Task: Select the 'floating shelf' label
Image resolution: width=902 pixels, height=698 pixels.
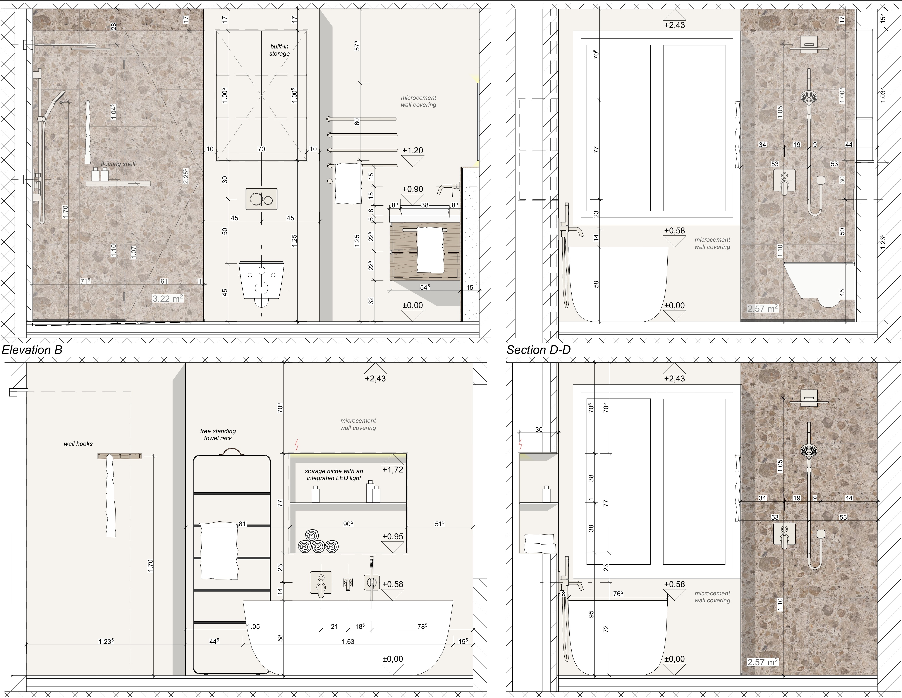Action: tap(119, 164)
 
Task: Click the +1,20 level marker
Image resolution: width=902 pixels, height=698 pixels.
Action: tap(413, 150)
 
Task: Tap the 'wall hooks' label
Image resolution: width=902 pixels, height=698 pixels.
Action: tap(78, 444)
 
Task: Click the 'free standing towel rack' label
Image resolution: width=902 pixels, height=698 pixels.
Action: tap(218, 434)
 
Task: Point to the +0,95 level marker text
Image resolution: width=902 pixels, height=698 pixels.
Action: tap(393, 536)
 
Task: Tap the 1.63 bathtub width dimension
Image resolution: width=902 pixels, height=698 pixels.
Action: tap(348, 641)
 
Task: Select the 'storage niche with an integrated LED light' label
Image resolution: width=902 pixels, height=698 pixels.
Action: tap(334, 474)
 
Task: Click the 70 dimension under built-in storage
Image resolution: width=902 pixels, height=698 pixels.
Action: tap(261, 149)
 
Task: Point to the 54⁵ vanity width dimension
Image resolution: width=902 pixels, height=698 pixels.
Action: tap(425, 287)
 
